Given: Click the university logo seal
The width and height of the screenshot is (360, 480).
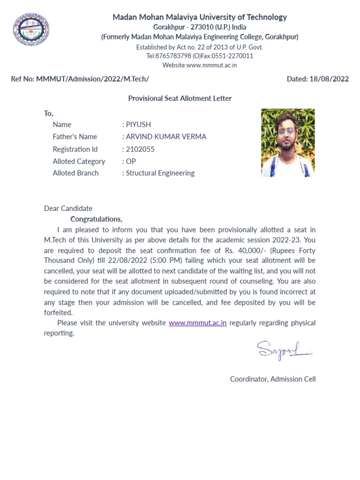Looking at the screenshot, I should (x=31, y=29).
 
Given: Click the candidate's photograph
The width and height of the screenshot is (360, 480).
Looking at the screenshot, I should (x=288, y=142).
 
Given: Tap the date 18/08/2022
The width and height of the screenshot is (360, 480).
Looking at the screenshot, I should (x=329, y=79).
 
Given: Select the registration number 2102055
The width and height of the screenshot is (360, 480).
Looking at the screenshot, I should (x=140, y=149).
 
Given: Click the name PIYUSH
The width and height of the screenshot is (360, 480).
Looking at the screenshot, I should (x=138, y=124).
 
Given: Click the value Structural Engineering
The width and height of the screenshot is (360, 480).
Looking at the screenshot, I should (x=160, y=173).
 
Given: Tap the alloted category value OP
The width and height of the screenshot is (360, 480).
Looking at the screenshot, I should (x=131, y=161).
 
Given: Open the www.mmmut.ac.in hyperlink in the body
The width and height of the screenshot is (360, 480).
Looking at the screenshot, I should (x=197, y=322).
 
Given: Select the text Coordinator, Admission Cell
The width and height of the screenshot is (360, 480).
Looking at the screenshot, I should (x=273, y=379).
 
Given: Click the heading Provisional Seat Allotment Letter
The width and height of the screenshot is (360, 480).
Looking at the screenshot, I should (x=180, y=98).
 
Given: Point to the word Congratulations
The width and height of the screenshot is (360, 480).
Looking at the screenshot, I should (x=96, y=219).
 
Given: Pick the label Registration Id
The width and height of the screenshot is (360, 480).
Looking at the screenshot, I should (x=75, y=149).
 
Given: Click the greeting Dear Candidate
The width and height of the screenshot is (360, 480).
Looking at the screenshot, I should (x=68, y=208).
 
